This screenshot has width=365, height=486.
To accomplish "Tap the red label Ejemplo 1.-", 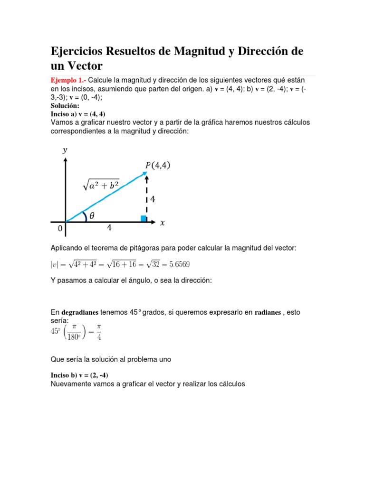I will click(x=68, y=80).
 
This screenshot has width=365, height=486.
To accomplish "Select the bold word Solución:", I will click(x=65, y=106).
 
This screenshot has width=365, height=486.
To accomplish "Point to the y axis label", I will click(x=65, y=150).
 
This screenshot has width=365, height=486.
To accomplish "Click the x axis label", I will click(x=163, y=222).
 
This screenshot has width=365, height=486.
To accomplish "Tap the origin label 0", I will click(x=60, y=229).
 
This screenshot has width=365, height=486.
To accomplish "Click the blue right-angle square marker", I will click(x=144, y=218).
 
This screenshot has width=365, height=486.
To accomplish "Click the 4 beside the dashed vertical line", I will click(x=153, y=199).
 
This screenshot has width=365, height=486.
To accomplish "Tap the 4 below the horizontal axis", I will click(x=109, y=228).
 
